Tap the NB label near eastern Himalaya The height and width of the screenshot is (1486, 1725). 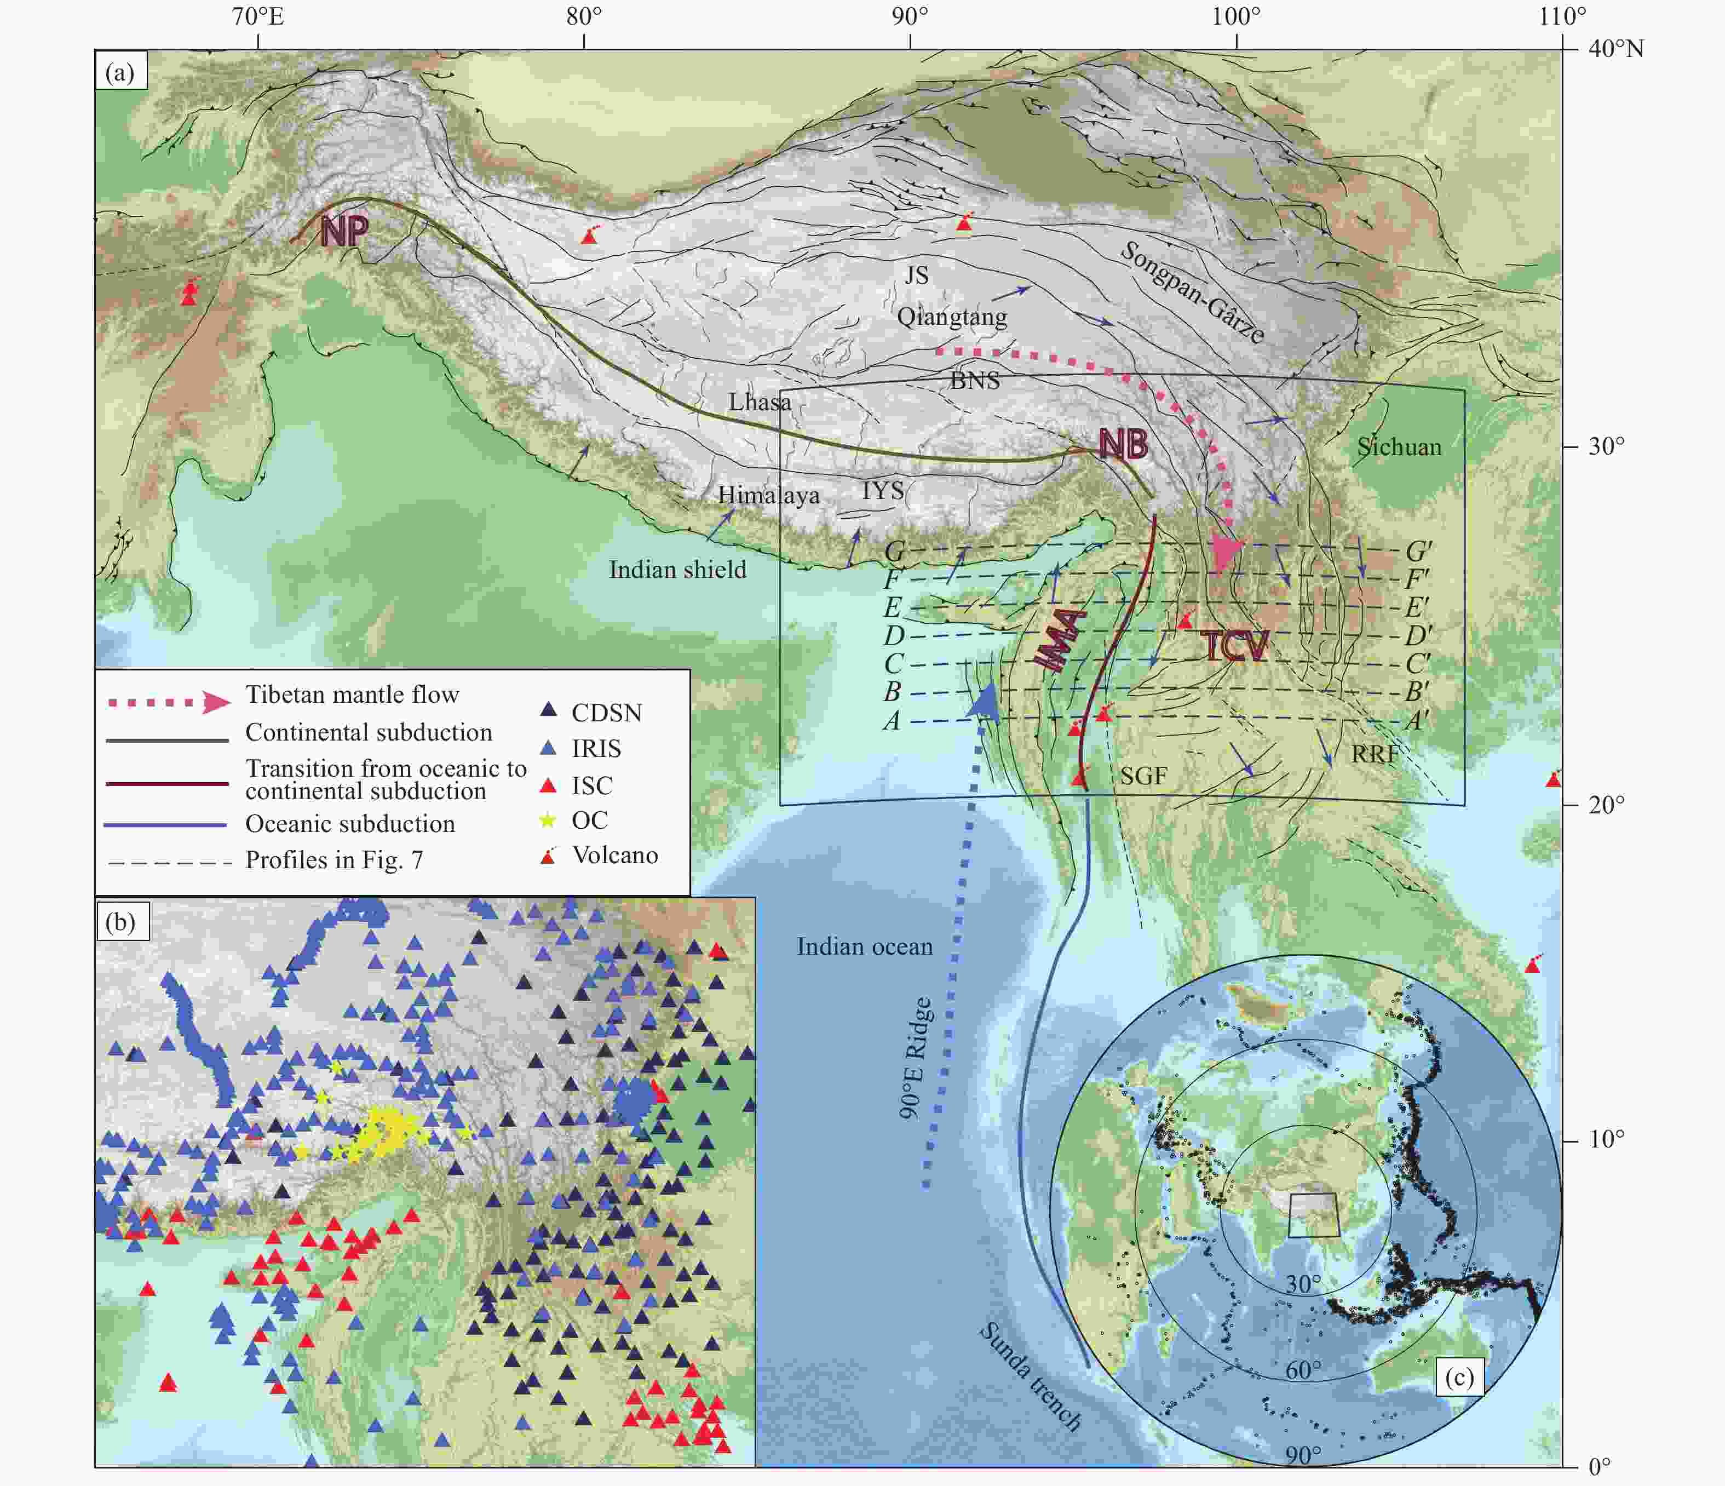pos(1123,445)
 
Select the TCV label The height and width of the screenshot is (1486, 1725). pos(1235,646)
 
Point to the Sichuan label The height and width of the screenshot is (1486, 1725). pos(1399,447)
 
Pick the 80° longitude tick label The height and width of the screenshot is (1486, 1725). pos(584,16)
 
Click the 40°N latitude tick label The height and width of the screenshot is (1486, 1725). pos(1615,49)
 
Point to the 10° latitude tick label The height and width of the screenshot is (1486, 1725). pos(1606,1139)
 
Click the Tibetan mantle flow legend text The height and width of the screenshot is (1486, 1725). pos(352,695)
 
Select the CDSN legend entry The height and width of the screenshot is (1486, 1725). pos(606,713)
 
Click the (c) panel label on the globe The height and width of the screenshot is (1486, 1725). pos(1459,1377)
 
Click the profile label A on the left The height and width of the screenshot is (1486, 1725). pos(892,721)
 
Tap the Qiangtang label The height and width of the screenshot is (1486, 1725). pos(952,317)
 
